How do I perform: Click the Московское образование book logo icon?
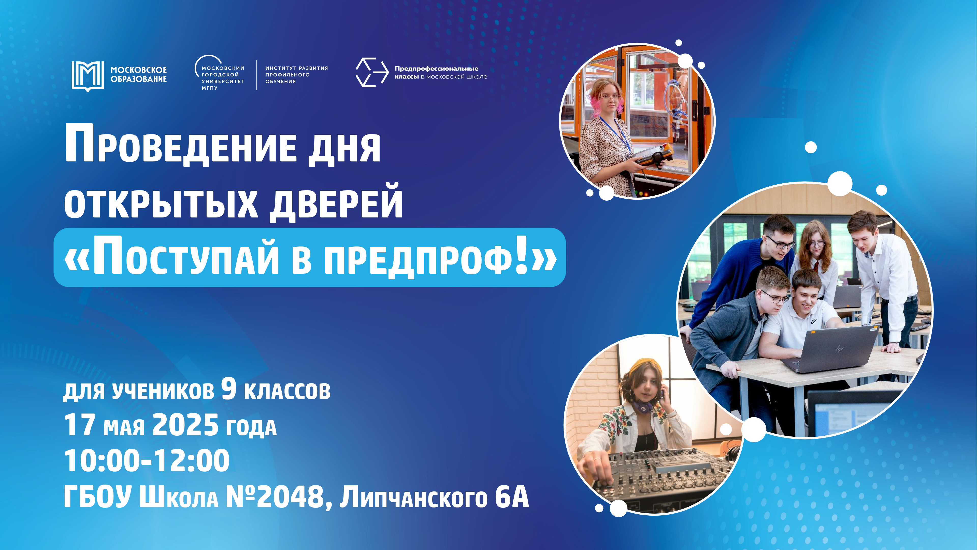[x=88, y=76]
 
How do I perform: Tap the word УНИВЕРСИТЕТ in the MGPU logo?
[x=223, y=81]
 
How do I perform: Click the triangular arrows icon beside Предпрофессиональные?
[x=372, y=72]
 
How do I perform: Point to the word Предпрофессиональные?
[x=436, y=69]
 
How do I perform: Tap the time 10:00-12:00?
[x=147, y=460]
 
